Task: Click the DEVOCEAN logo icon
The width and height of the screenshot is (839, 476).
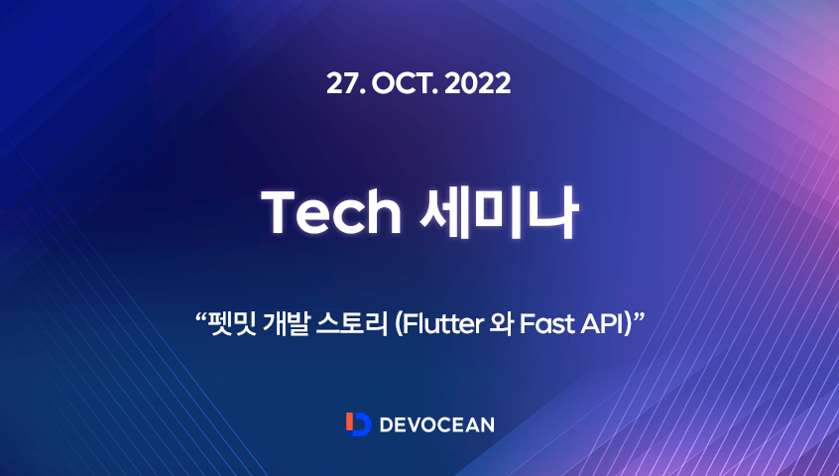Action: coord(358,423)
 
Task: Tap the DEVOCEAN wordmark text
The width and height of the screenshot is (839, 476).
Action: coord(433,424)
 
